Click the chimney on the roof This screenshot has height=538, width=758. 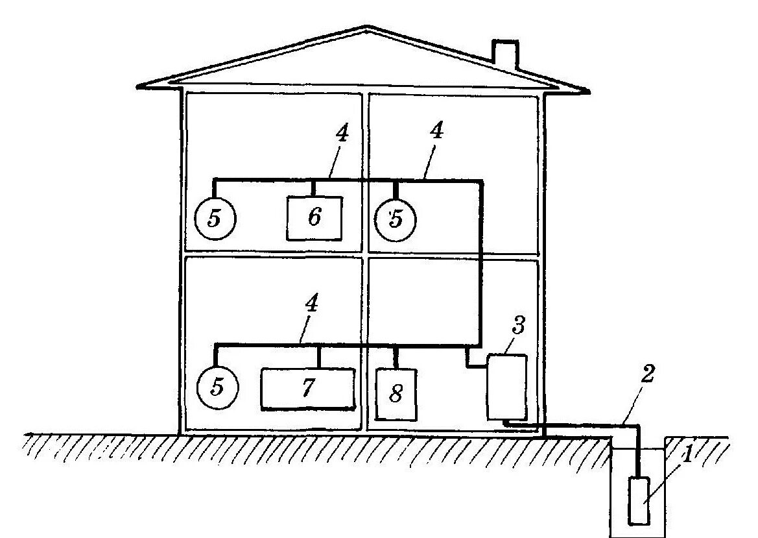click(504, 55)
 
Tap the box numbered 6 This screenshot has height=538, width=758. click(314, 217)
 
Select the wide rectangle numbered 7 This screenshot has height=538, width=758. click(308, 388)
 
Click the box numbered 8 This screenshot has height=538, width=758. click(396, 394)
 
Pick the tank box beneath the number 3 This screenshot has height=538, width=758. click(506, 386)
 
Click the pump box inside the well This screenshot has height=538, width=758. click(639, 500)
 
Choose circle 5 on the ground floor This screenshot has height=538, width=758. click(218, 387)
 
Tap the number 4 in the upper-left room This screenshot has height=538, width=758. click(342, 135)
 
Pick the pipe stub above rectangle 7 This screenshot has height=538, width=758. click(318, 356)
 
